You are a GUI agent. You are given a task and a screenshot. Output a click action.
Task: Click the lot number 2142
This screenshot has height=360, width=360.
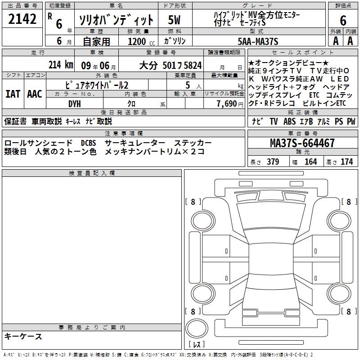tap(22, 19)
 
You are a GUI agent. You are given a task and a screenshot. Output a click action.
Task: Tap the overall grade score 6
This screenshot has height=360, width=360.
tap(343, 20)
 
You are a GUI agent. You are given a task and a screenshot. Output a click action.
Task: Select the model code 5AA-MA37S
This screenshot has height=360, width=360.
tap(258, 41)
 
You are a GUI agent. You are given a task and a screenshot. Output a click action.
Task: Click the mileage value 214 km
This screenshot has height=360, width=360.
tap(61, 65)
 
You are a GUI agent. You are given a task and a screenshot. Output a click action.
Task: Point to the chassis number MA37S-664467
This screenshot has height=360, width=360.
tap(302, 143)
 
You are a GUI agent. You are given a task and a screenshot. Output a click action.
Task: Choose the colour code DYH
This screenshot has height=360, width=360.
tap(75, 104)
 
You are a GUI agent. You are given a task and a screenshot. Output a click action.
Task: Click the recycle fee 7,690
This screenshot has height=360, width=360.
tap(227, 104)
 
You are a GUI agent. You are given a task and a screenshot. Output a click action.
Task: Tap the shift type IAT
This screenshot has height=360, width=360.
tap(13, 94)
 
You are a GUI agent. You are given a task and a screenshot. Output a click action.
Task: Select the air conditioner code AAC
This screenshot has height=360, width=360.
tap(35, 94)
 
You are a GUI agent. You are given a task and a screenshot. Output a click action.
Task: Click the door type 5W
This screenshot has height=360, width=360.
tap(174, 20)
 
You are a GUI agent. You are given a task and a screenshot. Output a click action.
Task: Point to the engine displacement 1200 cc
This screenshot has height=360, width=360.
tap(141, 41)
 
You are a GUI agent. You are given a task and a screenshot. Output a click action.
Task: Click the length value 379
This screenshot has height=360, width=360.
tap(273, 162)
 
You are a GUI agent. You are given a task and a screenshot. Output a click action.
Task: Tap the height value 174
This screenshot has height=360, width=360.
tap(346, 162)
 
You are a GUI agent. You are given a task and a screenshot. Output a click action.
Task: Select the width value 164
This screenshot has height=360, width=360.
tap(310, 162)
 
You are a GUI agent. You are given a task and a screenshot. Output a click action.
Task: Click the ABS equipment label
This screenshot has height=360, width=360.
tap(289, 121)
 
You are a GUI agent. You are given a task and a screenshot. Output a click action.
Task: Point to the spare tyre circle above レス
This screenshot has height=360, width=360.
tap(197, 328)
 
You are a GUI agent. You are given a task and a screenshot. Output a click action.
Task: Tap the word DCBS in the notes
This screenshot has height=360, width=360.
tap(88, 143)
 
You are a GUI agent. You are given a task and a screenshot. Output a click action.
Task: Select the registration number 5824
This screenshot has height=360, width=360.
tap(193, 65)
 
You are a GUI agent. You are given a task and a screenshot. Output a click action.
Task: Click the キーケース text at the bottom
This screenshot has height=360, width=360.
tap(23, 337)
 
